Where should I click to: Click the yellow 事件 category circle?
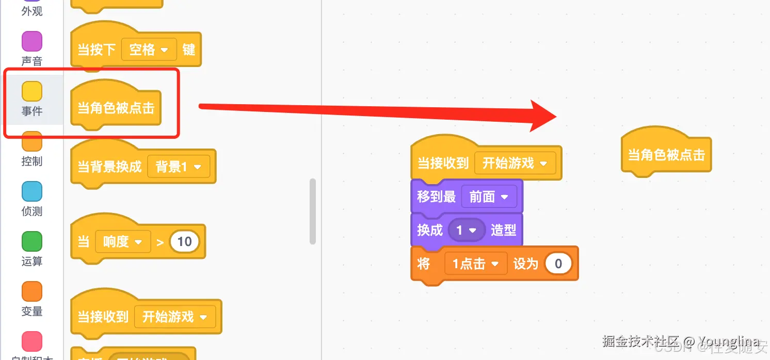32,91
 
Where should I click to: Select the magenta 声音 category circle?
32,41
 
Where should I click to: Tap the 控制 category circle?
32,141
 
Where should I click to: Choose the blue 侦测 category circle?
32,191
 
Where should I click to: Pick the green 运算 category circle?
32,241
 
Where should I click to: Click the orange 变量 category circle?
32,291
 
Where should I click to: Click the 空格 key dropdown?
149,50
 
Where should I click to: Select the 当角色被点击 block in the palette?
116,108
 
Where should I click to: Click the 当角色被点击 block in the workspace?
666,154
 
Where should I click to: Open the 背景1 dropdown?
179,167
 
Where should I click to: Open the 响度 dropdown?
123,241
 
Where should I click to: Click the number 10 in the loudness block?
184,241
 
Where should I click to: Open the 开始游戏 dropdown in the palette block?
174,316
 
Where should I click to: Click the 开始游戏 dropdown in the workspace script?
515,163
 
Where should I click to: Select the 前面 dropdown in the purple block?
488,197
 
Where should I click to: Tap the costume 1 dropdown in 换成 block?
467,230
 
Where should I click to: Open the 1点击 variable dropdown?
475,264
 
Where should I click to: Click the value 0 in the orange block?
558,264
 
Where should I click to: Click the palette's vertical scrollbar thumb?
312,211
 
